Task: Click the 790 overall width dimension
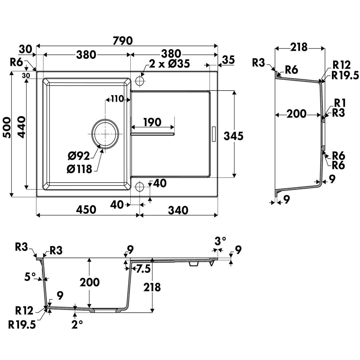tap(123, 41)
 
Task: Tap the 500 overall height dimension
tap(7, 128)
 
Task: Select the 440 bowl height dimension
tap(22, 127)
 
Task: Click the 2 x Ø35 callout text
tap(169, 63)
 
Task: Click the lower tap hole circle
tap(140, 187)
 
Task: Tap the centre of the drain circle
tap(105, 134)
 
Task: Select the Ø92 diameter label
tap(79, 156)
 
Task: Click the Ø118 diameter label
tap(79, 169)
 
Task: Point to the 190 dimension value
tap(153, 122)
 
